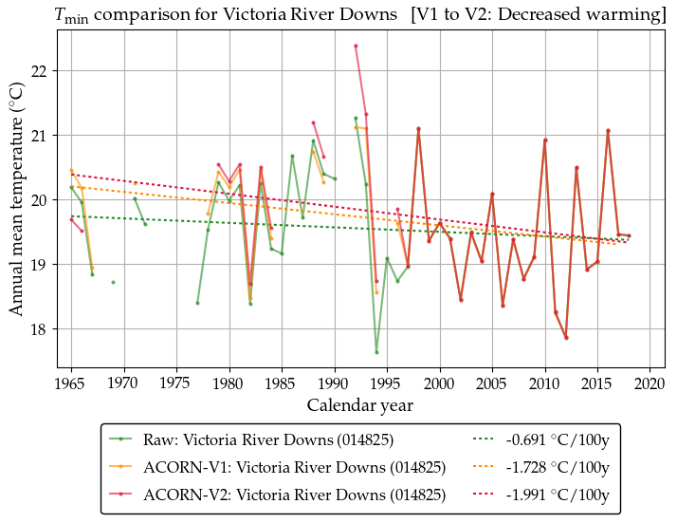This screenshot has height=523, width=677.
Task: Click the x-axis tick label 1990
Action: click(x=334, y=383)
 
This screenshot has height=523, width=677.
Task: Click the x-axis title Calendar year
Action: click(x=360, y=405)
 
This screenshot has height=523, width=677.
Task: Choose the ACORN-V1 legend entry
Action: click(x=294, y=468)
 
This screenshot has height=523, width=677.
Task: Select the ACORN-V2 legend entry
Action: click(x=294, y=495)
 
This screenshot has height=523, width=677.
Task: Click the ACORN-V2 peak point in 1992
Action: click(x=356, y=46)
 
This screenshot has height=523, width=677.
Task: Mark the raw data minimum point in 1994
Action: click(x=376, y=352)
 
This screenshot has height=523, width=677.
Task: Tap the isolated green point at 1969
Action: click(x=113, y=282)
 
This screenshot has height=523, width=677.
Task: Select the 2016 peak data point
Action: click(x=608, y=131)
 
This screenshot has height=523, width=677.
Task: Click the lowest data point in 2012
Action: click(x=566, y=338)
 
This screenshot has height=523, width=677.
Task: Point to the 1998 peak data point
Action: click(x=418, y=129)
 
